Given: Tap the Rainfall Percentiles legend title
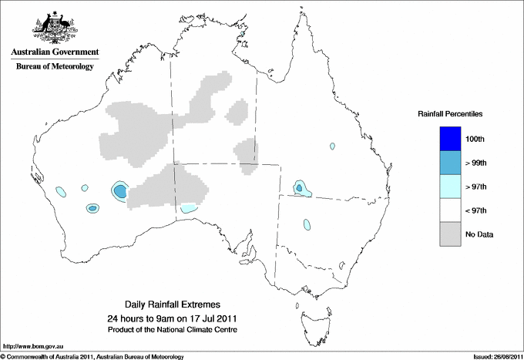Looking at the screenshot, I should point(450,113).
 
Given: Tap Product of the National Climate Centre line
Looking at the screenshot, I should point(173,329).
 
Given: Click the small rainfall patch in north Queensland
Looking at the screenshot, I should point(332,145).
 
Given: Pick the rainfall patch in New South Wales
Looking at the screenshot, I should point(307,224).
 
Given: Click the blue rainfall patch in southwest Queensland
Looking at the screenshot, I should point(299,188).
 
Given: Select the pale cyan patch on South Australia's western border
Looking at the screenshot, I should point(189,207).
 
